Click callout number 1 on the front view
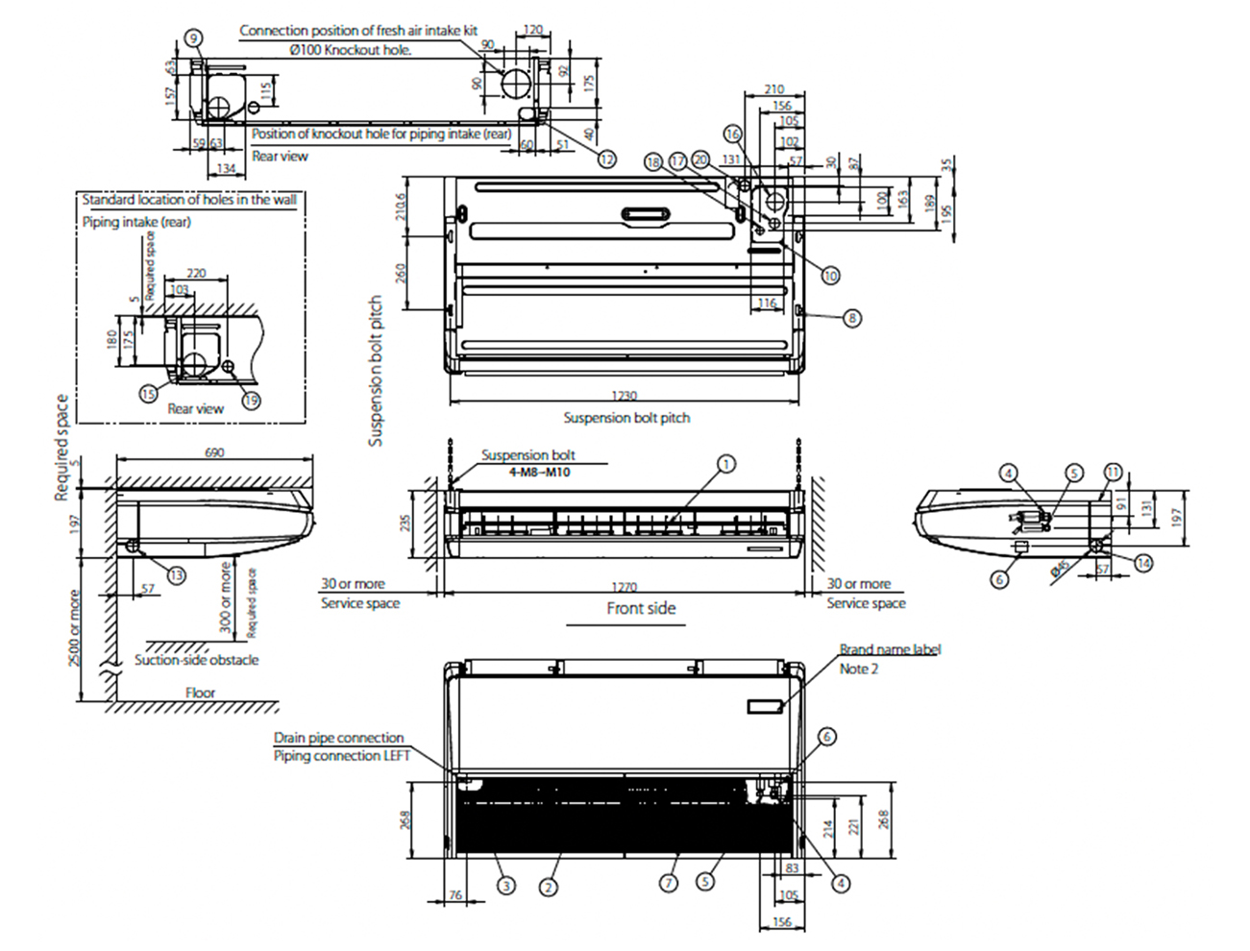pos(727,464)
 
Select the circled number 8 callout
pos(852,318)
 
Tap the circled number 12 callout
pos(607,159)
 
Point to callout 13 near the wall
pos(177,574)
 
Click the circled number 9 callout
pos(194,38)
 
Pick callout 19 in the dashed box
pos(251,400)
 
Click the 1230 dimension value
pos(624,396)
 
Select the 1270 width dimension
pos(624,587)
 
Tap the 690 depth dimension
pos(214,452)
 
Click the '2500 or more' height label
pos(74,629)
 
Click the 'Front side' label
pos(641,608)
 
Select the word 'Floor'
pos(201,693)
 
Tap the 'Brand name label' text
pos(890,650)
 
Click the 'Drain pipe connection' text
pos(338,738)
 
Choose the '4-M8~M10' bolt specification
pos(539,473)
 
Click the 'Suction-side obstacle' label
pos(196,660)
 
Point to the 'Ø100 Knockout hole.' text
pos(350,50)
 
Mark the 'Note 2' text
pos(859,669)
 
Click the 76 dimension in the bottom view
pos(455,895)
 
